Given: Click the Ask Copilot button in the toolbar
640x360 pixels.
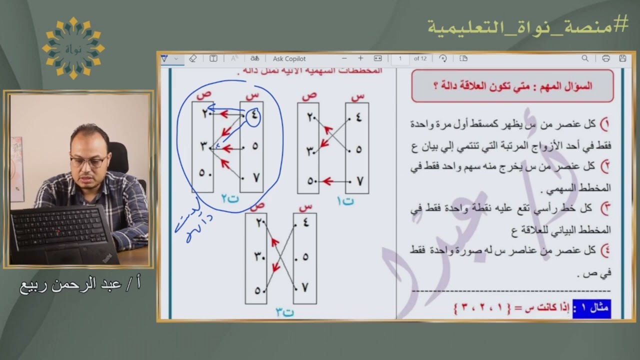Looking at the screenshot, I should tap(289, 58).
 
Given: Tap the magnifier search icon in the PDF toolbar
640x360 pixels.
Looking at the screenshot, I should tap(585, 58).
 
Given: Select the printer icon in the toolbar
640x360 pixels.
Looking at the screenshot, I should tap(606, 58).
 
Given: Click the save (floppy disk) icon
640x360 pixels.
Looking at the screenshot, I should tap(622, 58).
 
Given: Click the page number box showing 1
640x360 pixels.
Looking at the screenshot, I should tap(400, 58).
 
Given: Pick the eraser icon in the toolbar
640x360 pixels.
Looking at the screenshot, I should tap(193, 58).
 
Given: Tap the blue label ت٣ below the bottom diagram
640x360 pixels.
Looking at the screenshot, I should tap(284, 312).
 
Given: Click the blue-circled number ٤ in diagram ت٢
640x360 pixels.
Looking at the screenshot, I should tap(253, 116).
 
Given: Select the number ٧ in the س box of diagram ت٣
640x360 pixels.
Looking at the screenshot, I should tap(305, 287).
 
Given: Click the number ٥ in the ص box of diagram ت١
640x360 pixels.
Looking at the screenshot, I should tap(311, 181).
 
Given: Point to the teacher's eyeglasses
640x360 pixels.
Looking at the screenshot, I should tap(88, 161).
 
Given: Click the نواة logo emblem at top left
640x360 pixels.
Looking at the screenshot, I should tap(73, 48).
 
